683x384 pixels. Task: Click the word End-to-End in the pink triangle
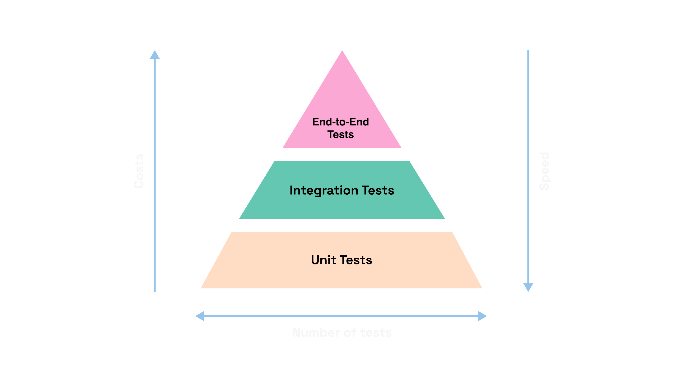click(x=341, y=122)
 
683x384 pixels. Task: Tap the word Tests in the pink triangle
click(x=341, y=135)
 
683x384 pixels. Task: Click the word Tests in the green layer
click(x=378, y=191)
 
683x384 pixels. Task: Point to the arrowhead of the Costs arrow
click(x=155, y=55)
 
